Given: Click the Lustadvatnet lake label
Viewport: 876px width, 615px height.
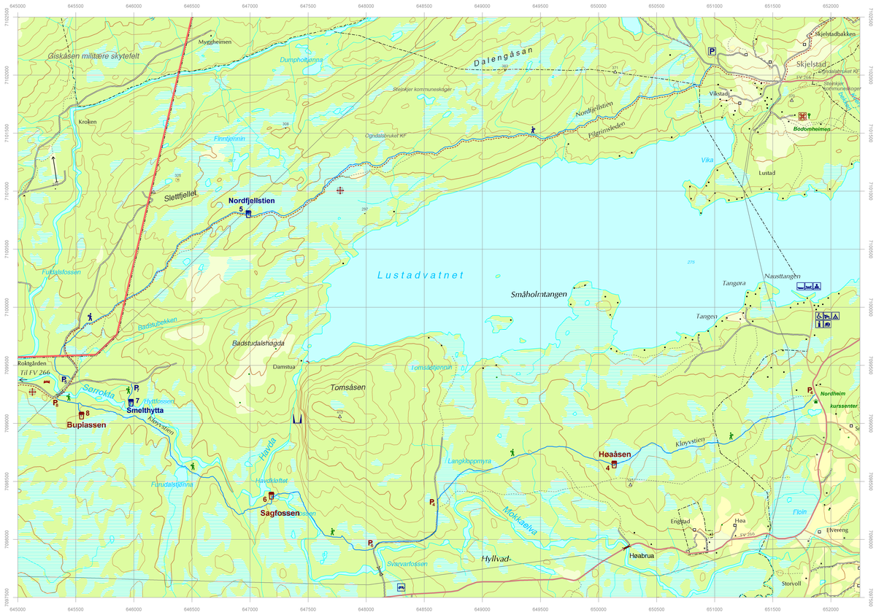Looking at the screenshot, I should pyautogui.click(x=420, y=275).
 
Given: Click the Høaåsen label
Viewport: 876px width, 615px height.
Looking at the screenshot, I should pyautogui.click(x=614, y=455).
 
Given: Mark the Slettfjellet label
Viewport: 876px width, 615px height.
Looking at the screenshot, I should pyautogui.click(x=175, y=196).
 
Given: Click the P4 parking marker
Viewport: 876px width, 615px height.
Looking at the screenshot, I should pyautogui.click(x=432, y=502).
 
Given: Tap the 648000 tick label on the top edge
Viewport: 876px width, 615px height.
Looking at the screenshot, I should pyautogui.click(x=366, y=5).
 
